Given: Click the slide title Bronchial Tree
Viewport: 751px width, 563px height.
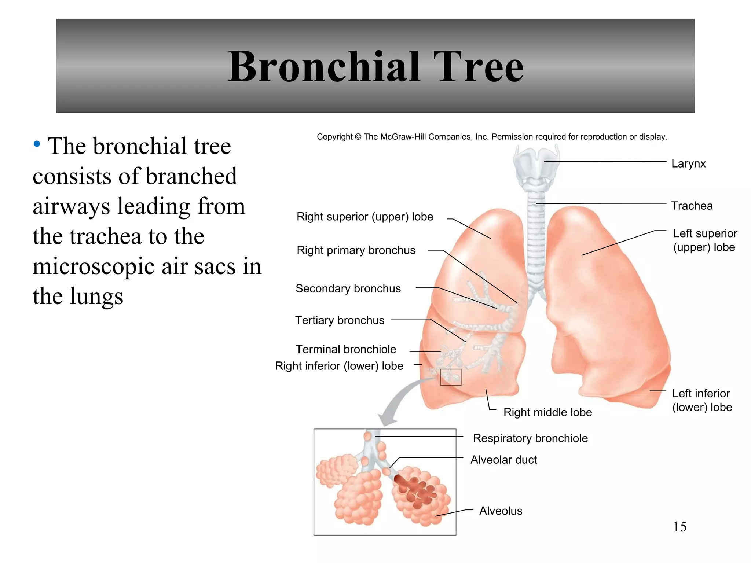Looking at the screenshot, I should [375, 67].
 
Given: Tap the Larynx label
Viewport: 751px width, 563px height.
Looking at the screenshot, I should [688, 163].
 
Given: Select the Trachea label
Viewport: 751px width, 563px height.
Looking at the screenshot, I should [692, 206].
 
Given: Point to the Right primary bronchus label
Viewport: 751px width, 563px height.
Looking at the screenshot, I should [356, 250].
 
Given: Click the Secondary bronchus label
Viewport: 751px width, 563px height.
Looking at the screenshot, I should [348, 289].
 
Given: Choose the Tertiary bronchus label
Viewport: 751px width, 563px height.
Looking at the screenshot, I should [340, 320].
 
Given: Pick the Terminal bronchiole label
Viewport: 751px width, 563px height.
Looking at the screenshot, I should [346, 349].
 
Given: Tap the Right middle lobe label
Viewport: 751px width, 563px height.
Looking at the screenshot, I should [547, 412].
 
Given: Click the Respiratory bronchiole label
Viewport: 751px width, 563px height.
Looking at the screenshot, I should [530, 438].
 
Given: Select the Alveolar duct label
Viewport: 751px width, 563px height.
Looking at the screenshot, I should [503, 460].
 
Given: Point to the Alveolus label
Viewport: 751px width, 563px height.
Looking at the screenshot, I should [501, 511].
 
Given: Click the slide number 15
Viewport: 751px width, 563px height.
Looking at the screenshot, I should [679, 527].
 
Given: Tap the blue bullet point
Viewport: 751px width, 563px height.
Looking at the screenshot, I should [37, 144].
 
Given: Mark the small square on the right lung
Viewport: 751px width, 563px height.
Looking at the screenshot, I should [450, 377].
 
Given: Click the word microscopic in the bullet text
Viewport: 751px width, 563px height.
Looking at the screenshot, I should [94, 266].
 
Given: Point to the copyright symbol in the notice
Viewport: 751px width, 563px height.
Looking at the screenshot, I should [358, 137].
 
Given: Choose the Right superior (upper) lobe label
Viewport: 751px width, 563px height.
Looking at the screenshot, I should [364, 217].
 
